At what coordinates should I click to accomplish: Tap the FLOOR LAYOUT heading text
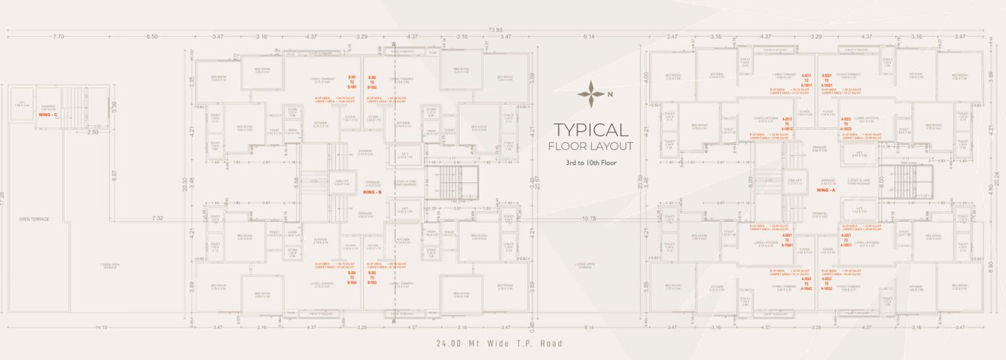pos(590,146)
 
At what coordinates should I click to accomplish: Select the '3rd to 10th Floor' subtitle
pos(590,163)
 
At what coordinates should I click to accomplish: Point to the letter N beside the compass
pos(610,94)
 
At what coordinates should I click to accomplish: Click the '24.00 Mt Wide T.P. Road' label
pos(498,343)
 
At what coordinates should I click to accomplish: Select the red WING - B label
pos(373,193)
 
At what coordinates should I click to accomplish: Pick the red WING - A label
pos(827,191)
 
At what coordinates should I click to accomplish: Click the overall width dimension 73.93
pos(495,29)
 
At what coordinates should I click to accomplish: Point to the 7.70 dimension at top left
pos(59,36)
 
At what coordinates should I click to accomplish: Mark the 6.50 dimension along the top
pos(152,36)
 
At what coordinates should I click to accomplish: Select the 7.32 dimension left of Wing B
pos(157,218)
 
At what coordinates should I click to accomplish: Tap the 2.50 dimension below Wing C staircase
pos(92,133)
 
